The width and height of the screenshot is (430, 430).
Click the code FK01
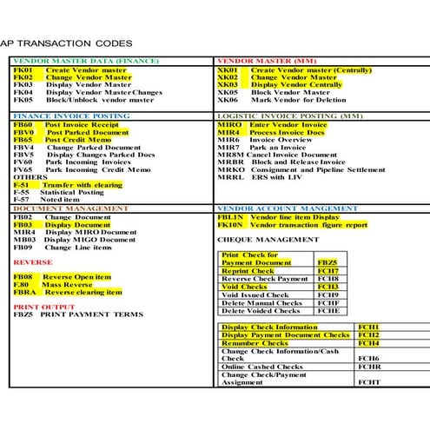point(23,69)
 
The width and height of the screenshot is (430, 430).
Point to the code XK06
point(228,99)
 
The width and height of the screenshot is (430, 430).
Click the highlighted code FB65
point(23,139)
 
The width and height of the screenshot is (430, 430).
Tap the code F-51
point(22,185)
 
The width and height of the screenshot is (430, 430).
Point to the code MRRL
point(229,177)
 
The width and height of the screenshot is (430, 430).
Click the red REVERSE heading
point(33,261)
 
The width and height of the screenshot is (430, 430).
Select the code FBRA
point(24,292)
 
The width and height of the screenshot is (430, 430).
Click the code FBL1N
point(231,217)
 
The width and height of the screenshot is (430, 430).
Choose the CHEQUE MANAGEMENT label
point(261,238)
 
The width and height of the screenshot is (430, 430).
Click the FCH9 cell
point(327,294)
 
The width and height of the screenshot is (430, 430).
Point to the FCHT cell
point(369,381)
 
